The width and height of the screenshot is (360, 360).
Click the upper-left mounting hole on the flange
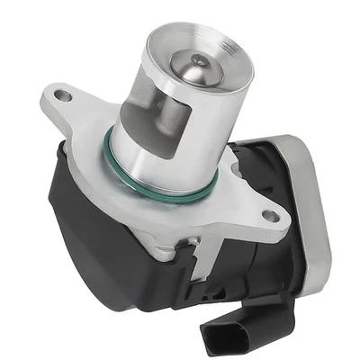[x=62, y=93]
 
